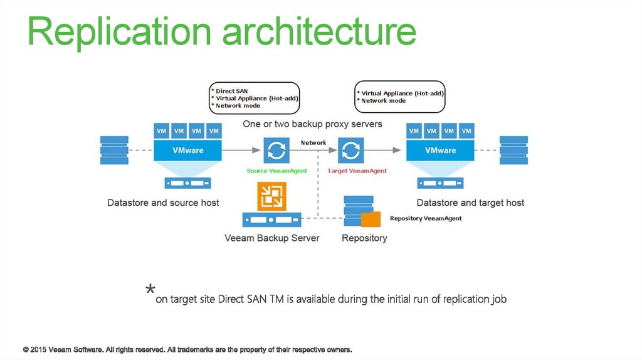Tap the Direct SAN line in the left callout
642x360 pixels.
[x=232, y=91]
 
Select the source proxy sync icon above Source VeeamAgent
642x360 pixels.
[x=275, y=151]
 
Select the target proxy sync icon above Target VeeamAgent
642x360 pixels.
[x=351, y=151]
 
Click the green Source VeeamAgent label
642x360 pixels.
[x=276, y=171]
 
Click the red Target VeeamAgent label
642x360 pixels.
[x=357, y=171]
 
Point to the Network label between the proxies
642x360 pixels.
[x=313, y=143]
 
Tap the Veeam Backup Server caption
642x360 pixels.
[x=272, y=238]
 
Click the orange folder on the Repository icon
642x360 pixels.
[x=371, y=219]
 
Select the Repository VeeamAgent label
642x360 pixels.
[x=426, y=218]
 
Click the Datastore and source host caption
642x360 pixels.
[x=163, y=203]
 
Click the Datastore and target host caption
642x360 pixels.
[x=470, y=203]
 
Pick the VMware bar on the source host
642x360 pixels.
[x=188, y=151]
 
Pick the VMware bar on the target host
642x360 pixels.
[x=440, y=151]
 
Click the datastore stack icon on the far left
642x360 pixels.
[x=114, y=151]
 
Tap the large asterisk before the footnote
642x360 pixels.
[x=150, y=290]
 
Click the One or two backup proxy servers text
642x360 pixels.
[x=312, y=124]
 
